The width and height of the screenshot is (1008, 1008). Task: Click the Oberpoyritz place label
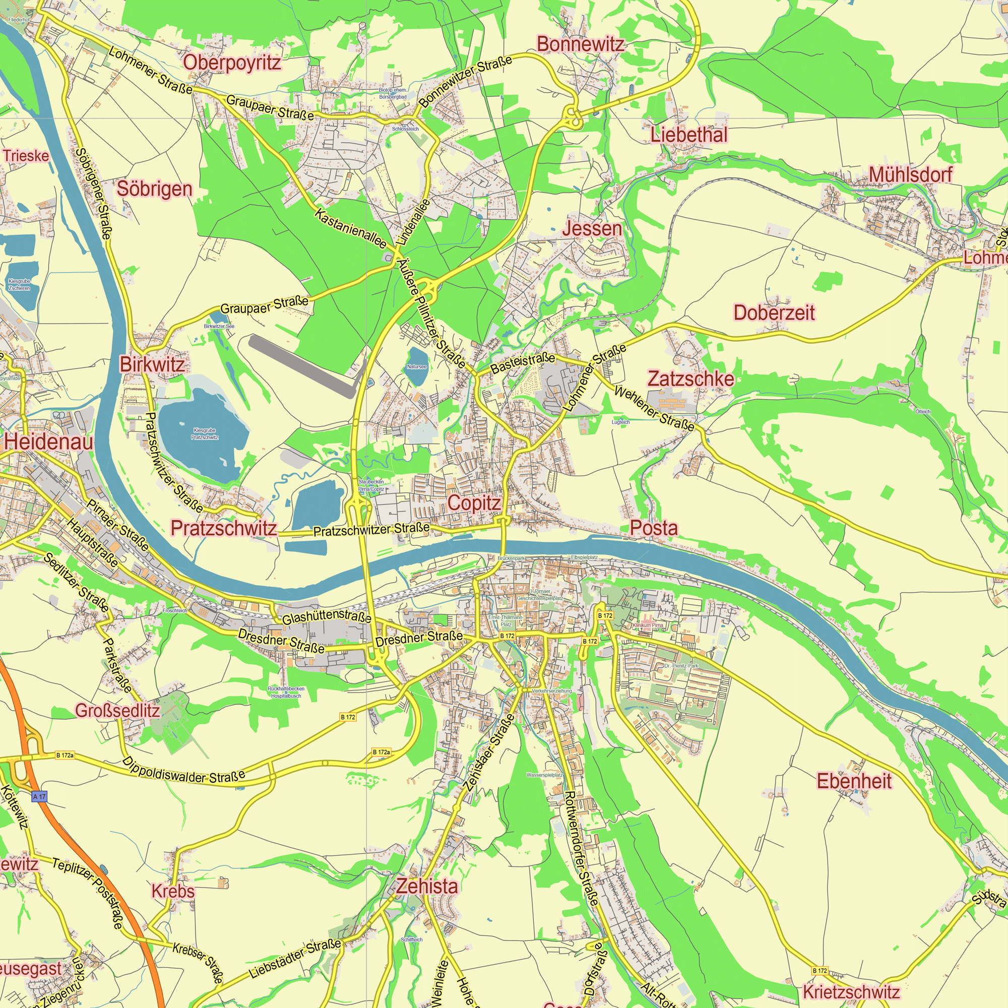click(x=232, y=62)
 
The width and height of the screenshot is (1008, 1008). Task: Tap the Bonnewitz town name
click(x=580, y=44)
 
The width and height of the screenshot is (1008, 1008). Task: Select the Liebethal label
click(x=688, y=135)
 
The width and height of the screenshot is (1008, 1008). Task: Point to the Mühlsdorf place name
click(x=910, y=175)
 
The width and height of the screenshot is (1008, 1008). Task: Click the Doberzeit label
click(x=774, y=313)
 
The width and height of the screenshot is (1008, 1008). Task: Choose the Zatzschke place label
click(x=691, y=380)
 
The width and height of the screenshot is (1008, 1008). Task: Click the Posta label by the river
click(x=654, y=528)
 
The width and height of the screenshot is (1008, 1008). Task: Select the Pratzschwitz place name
click(x=224, y=529)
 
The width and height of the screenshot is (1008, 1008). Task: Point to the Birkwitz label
click(x=152, y=365)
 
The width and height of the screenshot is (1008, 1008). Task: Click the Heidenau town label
click(x=48, y=443)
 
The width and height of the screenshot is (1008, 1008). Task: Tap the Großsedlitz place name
click(x=117, y=711)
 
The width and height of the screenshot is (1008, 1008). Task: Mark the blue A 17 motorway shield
click(x=39, y=797)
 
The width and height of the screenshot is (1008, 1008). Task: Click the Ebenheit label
click(x=854, y=781)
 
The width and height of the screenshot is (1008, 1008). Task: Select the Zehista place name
click(x=427, y=886)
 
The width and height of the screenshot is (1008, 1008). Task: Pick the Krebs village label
click(x=173, y=891)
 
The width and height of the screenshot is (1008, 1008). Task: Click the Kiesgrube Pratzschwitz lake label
click(x=204, y=433)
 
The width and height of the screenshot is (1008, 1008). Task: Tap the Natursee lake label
click(x=416, y=367)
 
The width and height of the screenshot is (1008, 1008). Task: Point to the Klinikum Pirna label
click(x=648, y=625)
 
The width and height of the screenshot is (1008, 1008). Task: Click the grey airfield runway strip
click(x=301, y=366)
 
